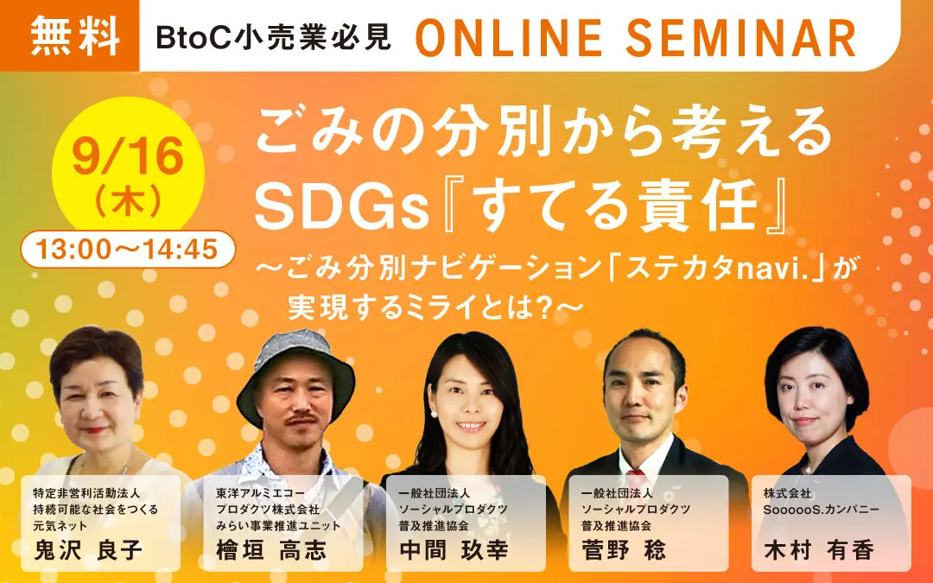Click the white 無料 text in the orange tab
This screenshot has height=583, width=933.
(x=75, y=35)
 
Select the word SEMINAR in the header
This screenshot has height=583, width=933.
(x=741, y=37)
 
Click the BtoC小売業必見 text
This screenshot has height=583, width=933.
(x=273, y=37)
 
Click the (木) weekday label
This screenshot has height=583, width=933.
(x=128, y=200)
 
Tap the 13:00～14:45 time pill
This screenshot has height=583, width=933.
(x=128, y=250)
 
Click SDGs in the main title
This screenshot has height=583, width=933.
(x=342, y=209)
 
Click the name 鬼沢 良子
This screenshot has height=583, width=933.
(x=88, y=549)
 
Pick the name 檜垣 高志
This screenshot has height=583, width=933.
(x=271, y=549)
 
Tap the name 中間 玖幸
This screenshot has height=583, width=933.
(x=454, y=549)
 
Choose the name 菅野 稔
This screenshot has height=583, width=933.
(x=624, y=549)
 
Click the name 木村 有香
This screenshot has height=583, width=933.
(x=819, y=549)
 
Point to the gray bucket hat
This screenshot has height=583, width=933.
(x=295, y=371)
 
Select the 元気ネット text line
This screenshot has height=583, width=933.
(x=60, y=526)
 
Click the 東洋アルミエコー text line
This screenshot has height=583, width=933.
(x=261, y=493)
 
